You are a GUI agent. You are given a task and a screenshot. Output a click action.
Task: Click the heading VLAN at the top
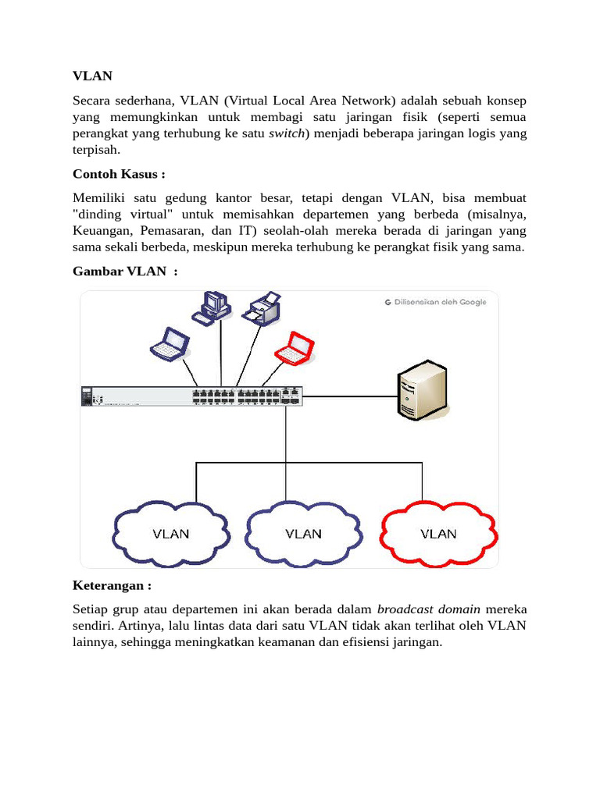(x=92, y=76)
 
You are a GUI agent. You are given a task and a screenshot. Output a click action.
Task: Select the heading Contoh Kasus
(x=119, y=173)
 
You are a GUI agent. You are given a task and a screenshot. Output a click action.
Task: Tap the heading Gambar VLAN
(x=125, y=271)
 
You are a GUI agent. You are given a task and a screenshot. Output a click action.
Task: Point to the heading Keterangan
(x=111, y=585)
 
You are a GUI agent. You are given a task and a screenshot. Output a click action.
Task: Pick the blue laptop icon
(x=170, y=344)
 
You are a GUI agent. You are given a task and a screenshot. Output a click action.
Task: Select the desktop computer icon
(x=212, y=307)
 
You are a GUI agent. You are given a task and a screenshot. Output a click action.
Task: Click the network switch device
(x=191, y=396)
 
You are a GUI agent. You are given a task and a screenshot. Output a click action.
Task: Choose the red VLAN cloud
(x=438, y=534)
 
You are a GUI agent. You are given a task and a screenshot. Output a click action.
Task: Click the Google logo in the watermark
(x=387, y=302)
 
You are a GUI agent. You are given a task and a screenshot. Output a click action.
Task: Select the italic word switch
(x=286, y=133)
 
